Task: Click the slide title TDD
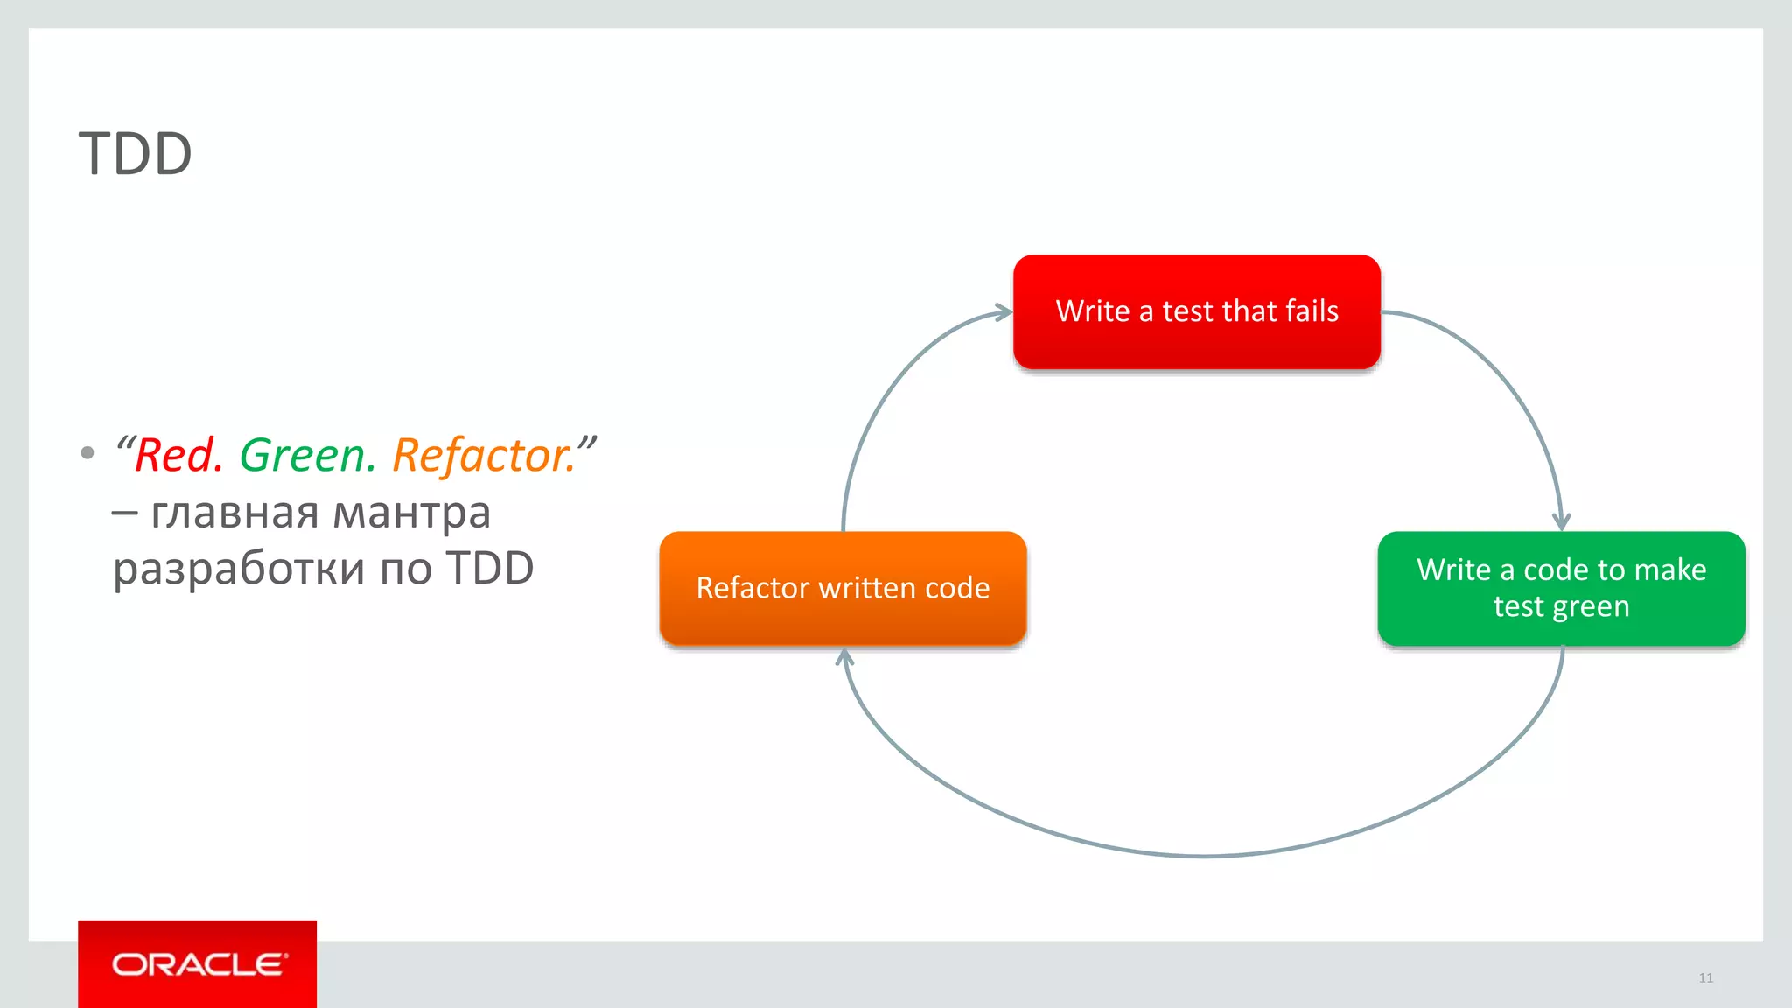tap(136, 154)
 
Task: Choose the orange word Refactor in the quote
tap(482, 456)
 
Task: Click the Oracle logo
tap(198, 964)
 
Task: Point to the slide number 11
tap(1705, 977)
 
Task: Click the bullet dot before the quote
tap(87, 453)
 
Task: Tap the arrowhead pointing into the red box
tap(1004, 312)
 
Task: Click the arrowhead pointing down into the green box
tap(1561, 521)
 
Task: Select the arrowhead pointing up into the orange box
tap(843, 656)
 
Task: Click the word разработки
tap(239, 570)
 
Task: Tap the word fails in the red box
tap(1312, 311)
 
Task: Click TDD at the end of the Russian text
tap(489, 569)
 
